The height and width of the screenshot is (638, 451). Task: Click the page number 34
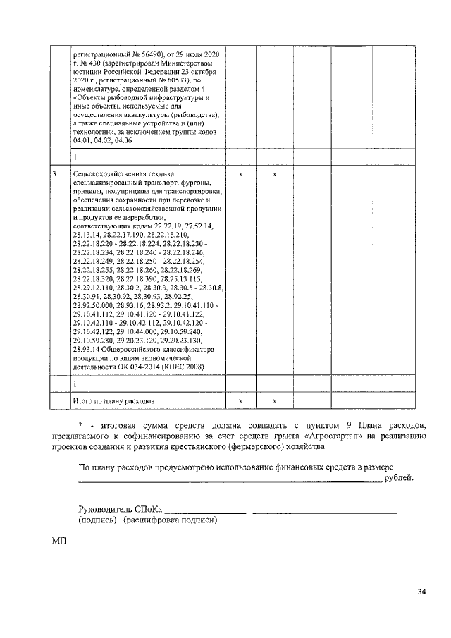(421, 591)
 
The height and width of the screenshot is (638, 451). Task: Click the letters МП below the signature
(58, 541)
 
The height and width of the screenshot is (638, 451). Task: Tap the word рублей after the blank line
(400, 479)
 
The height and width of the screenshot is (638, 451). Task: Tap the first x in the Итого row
(241, 400)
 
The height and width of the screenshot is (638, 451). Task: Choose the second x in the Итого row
(275, 400)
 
